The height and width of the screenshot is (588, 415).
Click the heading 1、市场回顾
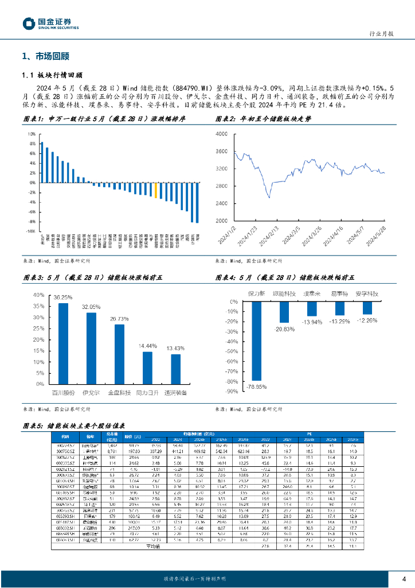[x=45, y=56]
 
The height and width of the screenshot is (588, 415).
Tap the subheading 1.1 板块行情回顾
[x=52, y=75]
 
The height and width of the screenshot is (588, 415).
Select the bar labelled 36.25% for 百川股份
[x=63, y=345]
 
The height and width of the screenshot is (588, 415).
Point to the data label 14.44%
[x=147, y=346]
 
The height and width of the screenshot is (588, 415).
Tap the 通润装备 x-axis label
[x=175, y=393]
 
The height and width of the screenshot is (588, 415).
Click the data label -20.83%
[x=284, y=329]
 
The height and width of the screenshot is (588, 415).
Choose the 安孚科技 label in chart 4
[x=367, y=293]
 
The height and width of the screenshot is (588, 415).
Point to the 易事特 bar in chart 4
[x=339, y=308]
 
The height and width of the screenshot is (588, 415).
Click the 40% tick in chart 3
[x=38, y=295]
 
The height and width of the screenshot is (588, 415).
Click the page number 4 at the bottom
[x=404, y=578]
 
